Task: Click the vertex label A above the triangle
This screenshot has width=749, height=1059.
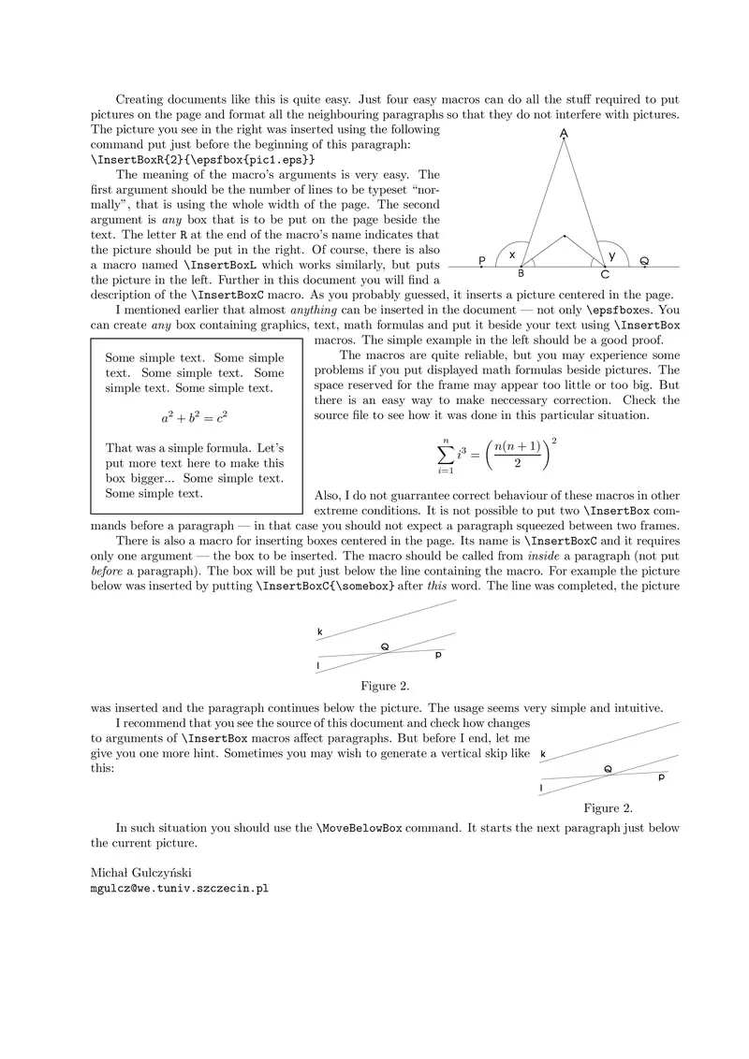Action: [564, 135]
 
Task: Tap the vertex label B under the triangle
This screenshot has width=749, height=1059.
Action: [521, 273]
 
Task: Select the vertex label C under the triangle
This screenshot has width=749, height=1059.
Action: [605, 274]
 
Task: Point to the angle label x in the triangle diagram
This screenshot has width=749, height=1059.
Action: [511, 254]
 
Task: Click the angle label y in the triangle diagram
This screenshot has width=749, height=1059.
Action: [612, 254]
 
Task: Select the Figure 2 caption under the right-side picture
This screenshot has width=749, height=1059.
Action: [608, 807]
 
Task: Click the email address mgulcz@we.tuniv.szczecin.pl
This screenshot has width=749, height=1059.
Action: [179, 889]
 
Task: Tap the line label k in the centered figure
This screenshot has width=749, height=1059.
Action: [319, 632]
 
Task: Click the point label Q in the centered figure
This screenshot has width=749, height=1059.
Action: [385, 646]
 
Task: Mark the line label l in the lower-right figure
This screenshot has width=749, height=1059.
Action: [541, 789]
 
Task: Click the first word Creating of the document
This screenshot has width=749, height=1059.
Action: [142, 99]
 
